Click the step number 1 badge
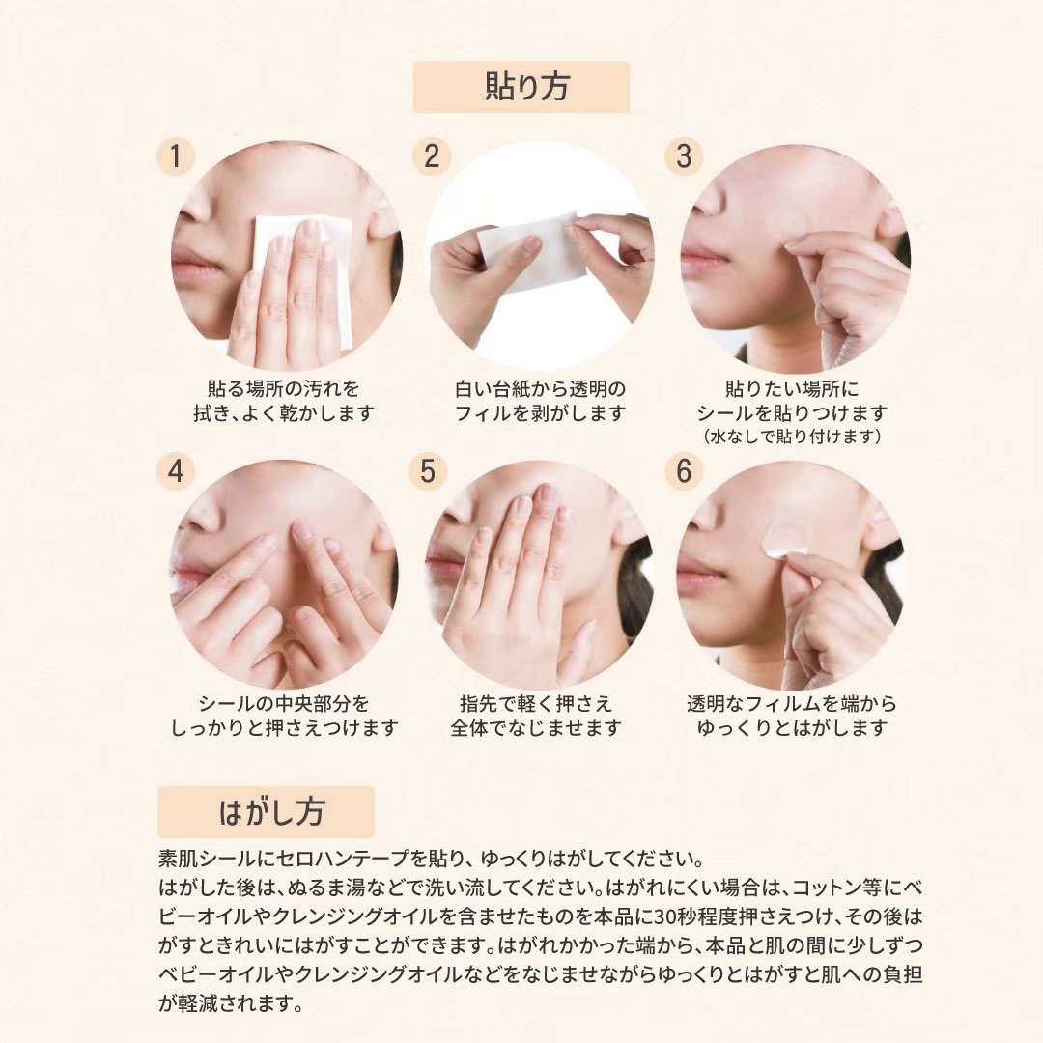(x=176, y=157)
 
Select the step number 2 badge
(x=431, y=157)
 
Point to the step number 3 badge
(x=684, y=157)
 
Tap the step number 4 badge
(x=176, y=471)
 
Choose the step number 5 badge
(x=428, y=471)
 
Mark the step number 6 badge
(x=684, y=471)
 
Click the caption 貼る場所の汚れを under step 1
(x=284, y=388)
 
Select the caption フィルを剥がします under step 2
(x=540, y=413)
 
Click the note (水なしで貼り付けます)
(x=792, y=437)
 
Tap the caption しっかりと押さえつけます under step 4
(x=285, y=728)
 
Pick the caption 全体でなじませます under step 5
(x=536, y=728)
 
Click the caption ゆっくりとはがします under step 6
(x=792, y=728)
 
